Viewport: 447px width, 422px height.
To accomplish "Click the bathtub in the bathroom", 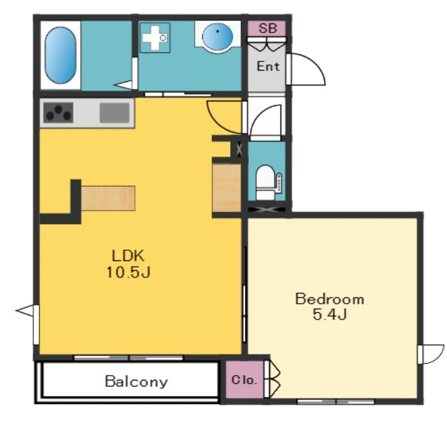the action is point(60,55).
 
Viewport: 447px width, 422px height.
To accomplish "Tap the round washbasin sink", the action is point(217,37).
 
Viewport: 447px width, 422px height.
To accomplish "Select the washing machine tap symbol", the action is point(155,37).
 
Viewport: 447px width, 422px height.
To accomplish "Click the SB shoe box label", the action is point(267,28).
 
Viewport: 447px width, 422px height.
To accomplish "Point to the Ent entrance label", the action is point(268,66).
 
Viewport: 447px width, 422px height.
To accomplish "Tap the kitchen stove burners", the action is point(58,113).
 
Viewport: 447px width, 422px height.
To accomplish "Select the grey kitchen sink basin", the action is point(114,113).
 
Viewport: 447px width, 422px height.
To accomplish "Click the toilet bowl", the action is point(264,182).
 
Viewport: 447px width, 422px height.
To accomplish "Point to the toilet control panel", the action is point(279,182).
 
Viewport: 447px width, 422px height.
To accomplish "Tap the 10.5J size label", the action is point(128,272).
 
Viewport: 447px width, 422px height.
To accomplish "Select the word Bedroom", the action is point(330,299).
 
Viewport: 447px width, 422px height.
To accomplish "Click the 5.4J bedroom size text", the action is point(330,315).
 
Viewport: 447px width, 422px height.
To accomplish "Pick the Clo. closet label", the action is point(245,380).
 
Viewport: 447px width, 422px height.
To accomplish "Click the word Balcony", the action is point(137,382).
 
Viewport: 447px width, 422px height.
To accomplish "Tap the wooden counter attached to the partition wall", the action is point(108,198).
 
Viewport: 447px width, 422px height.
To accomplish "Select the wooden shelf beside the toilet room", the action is point(227,187).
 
